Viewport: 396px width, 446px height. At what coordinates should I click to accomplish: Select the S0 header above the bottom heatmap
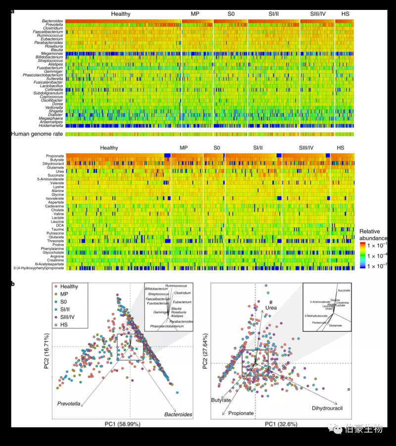tap(216, 148)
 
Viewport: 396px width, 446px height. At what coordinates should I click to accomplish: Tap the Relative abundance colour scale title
tap(373, 235)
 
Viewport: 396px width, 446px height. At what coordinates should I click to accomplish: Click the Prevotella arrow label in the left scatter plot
tap(68, 403)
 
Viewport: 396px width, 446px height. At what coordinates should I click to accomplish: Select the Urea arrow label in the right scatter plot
tap(271, 308)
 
